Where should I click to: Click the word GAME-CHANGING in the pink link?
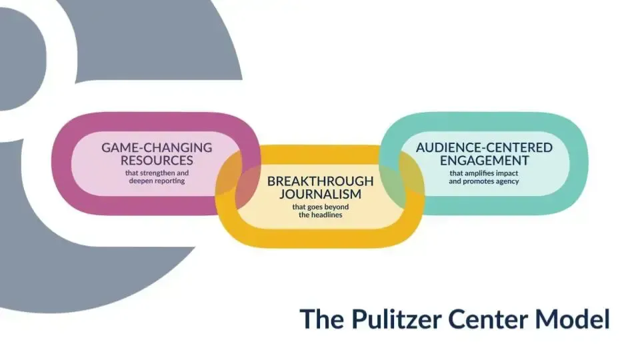point(157,147)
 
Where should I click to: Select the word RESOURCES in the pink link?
point(157,160)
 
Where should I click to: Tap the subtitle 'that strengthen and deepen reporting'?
point(157,177)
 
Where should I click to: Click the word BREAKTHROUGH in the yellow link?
point(321,181)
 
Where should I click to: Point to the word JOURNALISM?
point(321,194)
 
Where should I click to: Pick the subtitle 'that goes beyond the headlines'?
point(321,211)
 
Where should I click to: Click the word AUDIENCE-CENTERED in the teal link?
point(484,147)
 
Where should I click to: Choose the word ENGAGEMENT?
point(484,160)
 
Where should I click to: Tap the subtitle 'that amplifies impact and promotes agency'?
point(484,177)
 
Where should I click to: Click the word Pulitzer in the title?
point(396,319)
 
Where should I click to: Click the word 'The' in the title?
point(321,319)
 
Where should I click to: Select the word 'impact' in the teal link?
point(506,173)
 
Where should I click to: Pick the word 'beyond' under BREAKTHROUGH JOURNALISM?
point(337,207)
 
